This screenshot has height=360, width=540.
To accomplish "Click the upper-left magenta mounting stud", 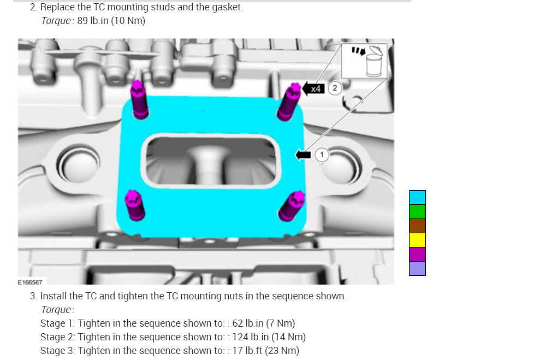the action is tap(139, 100).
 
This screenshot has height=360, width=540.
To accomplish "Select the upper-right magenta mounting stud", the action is tap(289, 102).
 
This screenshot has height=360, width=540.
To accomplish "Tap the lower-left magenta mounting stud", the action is tap(134, 205).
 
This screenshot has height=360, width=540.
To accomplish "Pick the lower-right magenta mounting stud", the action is tap(292, 206).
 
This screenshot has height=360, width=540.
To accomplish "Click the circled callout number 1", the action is tap(322, 155).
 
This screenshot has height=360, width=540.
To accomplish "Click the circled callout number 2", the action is tap(334, 88).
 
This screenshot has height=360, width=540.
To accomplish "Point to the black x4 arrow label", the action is tap(313, 89).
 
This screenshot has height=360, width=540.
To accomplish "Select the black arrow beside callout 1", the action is tap(303, 155).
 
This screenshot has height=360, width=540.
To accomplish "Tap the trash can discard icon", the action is tap(373, 61).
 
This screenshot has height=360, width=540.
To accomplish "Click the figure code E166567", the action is tap(30, 282).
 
